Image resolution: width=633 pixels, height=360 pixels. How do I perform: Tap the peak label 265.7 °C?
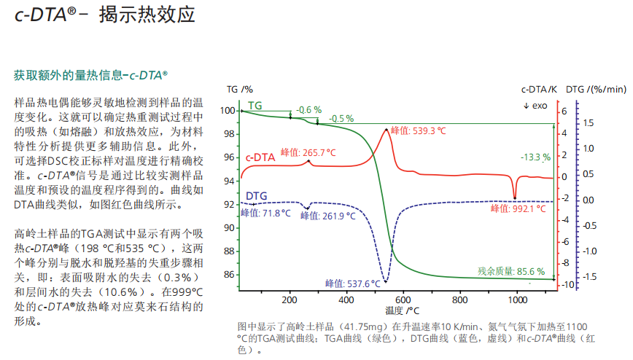pyautogui.click(x=308, y=152)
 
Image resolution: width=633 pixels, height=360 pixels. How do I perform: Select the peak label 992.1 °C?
pyautogui.click(x=518, y=208)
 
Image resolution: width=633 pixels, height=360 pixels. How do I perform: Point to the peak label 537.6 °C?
pyautogui.click(x=353, y=283)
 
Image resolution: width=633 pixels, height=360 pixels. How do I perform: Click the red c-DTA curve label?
pyautogui.click(x=260, y=156)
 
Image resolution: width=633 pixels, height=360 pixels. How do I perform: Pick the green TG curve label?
pyautogui.click(x=255, y=105)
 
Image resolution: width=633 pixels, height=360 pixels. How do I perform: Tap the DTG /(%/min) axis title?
pyautogui.click(x=596, y=90)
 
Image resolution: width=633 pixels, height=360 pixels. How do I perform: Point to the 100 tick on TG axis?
pyautogui.click(x=228, y=111)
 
